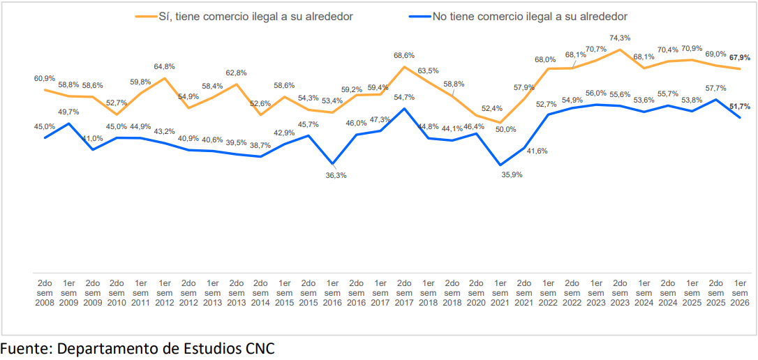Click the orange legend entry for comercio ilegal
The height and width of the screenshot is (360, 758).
[x=244, y=17]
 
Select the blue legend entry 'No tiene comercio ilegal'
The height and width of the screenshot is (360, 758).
[x=518, y=17]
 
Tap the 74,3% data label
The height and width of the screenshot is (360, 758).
[x=620, y=38]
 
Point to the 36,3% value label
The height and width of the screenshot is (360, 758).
[x=336, y=175]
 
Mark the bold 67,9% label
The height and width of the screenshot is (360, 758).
[x=740, y=57]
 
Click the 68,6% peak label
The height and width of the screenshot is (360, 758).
[x=403, y=55]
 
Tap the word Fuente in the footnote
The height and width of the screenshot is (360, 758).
[x=23, y=349]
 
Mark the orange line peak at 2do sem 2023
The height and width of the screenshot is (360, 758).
[x=620, y=50]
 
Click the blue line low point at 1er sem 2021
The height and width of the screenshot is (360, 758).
[x=500, y=165]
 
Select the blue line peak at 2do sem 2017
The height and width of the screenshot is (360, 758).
[x=405, y=108]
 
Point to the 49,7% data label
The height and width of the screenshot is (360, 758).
[x=69, y=112]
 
